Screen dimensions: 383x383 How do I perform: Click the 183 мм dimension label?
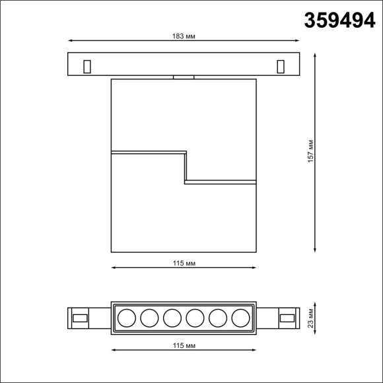pos(183,36)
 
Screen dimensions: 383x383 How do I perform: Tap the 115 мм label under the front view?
pos(184,263)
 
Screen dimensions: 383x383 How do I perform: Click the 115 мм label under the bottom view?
pos(184,345)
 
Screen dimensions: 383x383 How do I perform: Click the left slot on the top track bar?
pos(86,66)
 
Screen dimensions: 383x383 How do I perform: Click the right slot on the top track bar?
pos(280,66)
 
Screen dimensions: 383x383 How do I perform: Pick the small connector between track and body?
pos(184,77)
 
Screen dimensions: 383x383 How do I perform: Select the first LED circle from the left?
pos(125,320)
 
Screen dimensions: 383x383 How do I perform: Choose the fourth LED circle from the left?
pos(194,320)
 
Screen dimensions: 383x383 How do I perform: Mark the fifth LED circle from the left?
pos(217,320)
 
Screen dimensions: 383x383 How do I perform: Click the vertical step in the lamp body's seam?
pos(185,166)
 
